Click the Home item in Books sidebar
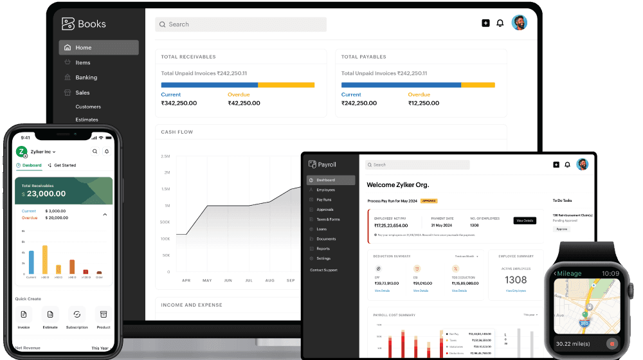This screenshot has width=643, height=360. pyautogui.click(x=84, y=48)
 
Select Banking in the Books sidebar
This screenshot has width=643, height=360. pyautogui.click(x=86, y=78)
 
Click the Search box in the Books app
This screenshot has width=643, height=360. pyautogui.click(x=240, y=24)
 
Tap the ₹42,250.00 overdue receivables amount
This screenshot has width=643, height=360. pyautogui.click(x=244, y=104)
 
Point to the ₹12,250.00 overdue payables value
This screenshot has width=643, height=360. pyautogui.click(x=424, y=104)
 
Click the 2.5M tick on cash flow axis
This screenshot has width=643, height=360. pyautogui.click(x=165, y=156)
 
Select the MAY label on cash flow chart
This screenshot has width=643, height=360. pyautogui.click(x=207, y=281)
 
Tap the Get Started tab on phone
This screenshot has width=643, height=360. pyautogui.click(x=64, y=165)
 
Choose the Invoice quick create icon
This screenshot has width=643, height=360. pyautogui.click(x=24, y=314)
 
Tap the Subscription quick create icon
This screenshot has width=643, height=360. pyautogui.click(x=77, y=314)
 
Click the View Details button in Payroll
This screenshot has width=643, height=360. pyautogui.click(x=525, y=221)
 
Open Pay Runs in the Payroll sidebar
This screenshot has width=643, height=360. pyautogui.click(x=324, y=200)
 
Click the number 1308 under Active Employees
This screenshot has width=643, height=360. pyautogui.click(x=516, y=280)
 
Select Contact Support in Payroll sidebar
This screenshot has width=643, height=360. pyautogui.click(x=323, y=270)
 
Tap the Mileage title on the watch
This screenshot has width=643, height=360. pyautogui.click(x=569, y=273)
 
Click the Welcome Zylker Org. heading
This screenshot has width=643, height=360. pyautogui.click(x=397, y=185)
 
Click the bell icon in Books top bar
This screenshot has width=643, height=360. pyautogui.click(x=500, y=23)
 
